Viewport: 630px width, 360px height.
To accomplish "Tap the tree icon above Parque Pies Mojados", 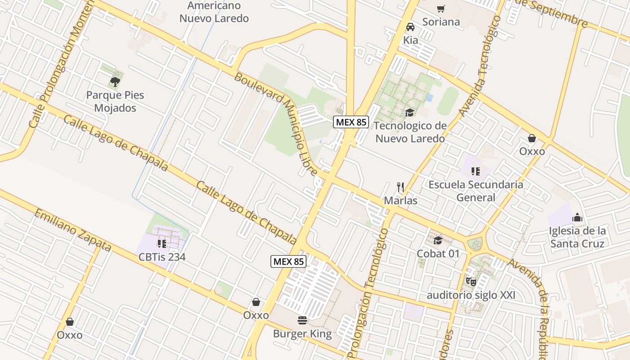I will click(x=115, y=81).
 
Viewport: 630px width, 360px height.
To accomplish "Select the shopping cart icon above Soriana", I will click(x=441, y=9).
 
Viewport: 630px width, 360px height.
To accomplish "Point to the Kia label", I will click(x=410, y=40).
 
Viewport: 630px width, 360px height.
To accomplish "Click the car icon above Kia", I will click(x=410, y=27).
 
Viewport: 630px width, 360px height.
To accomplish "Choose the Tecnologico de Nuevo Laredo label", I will click(x=410, y=132).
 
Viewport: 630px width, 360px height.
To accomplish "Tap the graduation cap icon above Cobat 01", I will click(x=438, y=240).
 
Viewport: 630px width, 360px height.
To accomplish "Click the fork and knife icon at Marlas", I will click(x=400, y=187).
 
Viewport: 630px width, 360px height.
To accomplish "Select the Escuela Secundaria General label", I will click(x=476, y=191).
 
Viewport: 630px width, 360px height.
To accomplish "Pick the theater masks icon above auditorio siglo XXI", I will click(x=471, y=282).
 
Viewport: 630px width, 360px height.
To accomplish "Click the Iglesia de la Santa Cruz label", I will click(x=577, y=237).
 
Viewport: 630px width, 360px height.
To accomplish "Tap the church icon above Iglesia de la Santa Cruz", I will click(x=577, y=218).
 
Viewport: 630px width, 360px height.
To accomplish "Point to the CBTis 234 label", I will click(x=162, y=257).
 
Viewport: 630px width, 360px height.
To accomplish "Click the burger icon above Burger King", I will click(x=302, y=320).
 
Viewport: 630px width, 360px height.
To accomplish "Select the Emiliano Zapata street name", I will click(x=73, y=230).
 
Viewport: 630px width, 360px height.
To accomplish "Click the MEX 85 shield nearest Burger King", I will click(x=288, y=261).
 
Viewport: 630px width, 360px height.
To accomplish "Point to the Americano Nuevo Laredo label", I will click(x=214, y=12).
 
